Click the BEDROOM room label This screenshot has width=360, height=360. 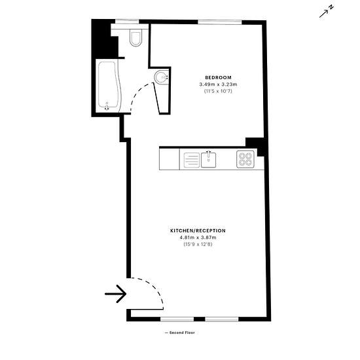218,78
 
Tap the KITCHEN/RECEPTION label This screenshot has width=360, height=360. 198,230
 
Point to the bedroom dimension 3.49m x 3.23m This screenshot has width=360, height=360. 218,84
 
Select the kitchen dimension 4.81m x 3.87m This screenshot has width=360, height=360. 198,238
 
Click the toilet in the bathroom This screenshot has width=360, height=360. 135,38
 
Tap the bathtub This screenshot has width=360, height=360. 109,86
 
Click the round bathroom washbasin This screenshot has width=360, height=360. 162,77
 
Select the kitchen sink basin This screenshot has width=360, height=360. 208,160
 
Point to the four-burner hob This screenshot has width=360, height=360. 245,159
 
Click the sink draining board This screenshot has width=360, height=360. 192,160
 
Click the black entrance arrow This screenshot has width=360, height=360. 115,294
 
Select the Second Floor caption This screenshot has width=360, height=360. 180,333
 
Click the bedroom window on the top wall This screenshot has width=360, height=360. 220,22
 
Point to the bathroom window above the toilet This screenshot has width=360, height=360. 127,22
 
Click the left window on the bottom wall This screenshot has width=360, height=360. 177,319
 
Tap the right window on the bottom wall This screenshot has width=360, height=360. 221,319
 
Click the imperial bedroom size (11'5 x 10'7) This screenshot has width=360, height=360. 218,91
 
